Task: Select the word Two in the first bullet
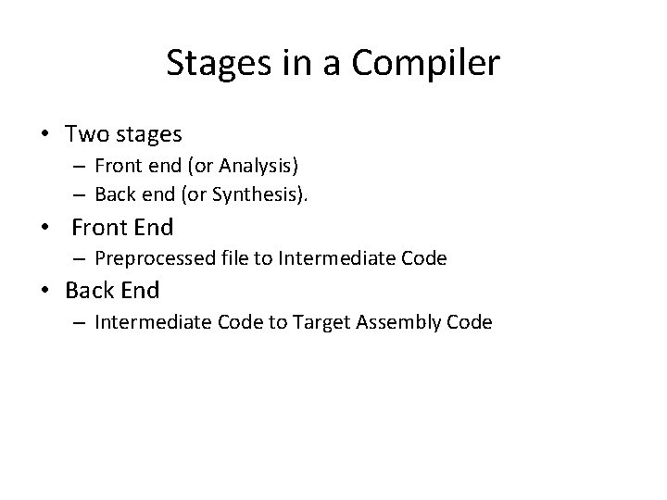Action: point(86,134)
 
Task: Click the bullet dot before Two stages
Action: point(45,135)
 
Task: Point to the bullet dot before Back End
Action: point(45,291)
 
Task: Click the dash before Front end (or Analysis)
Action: point(80,168)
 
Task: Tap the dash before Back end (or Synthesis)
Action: point(80,194)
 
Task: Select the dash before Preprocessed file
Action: point(80,258)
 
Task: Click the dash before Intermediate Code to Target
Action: point(80,322)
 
